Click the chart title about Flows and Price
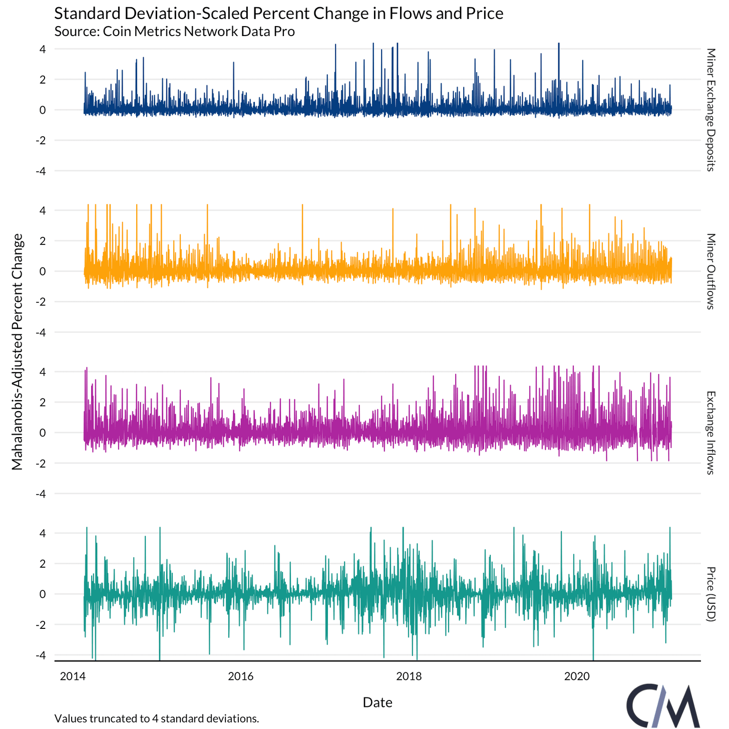pos(278,13)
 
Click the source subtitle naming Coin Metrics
pos(174,31)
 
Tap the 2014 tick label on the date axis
pos(73,676)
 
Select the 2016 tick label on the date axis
pos(241,676)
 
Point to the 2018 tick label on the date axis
pos(409,676)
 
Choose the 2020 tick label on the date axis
pos(577,676)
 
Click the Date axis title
pos(378,702)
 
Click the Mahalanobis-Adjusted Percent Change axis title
pos(17,351)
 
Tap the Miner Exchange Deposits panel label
pos(710,110)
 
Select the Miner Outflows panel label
pos(710,271)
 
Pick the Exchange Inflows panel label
pos(710,433)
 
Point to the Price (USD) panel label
pos(710,594)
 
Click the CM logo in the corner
pos(663,705)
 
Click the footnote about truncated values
pos(157,718)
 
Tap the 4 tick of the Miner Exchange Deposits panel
pos(43,49)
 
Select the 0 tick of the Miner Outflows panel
pos(43,271)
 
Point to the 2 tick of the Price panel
pos(43,564)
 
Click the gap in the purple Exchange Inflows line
pos(639,433)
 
